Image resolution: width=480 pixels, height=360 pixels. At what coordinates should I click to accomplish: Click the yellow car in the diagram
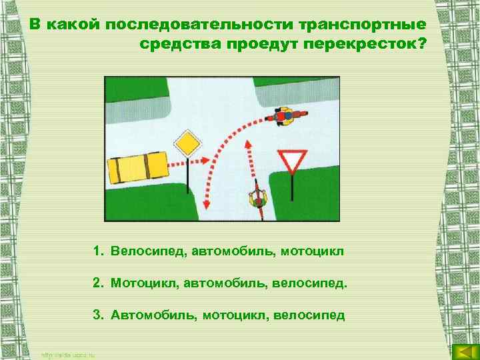pos(139,167)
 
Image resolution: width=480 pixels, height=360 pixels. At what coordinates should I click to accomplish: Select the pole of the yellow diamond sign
pos(188,177)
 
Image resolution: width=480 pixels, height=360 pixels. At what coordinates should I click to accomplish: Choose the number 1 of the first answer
pos(97,252)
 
